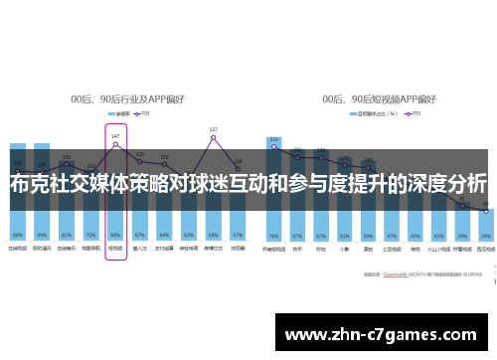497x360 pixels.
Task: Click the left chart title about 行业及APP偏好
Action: point(130,99)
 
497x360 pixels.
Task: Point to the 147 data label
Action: point(115,135)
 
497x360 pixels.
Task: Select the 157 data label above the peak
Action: point(213,129)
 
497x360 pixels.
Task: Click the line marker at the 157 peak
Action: point(213,138)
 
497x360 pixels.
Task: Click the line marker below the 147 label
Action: point(115,145)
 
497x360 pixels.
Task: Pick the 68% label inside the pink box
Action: point(115,236)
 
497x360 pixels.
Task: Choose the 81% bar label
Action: point(67,236)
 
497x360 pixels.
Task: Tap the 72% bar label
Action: point(90,236)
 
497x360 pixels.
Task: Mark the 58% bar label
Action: point(213,236)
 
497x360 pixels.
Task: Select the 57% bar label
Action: point(238,236)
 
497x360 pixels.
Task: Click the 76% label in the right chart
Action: point(273,236)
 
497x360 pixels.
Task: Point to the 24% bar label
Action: point(485,236)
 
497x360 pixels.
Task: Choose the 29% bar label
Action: point(461,236)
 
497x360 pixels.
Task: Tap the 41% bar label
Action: point(438,236)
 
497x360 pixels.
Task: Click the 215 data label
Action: point(273,139)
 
